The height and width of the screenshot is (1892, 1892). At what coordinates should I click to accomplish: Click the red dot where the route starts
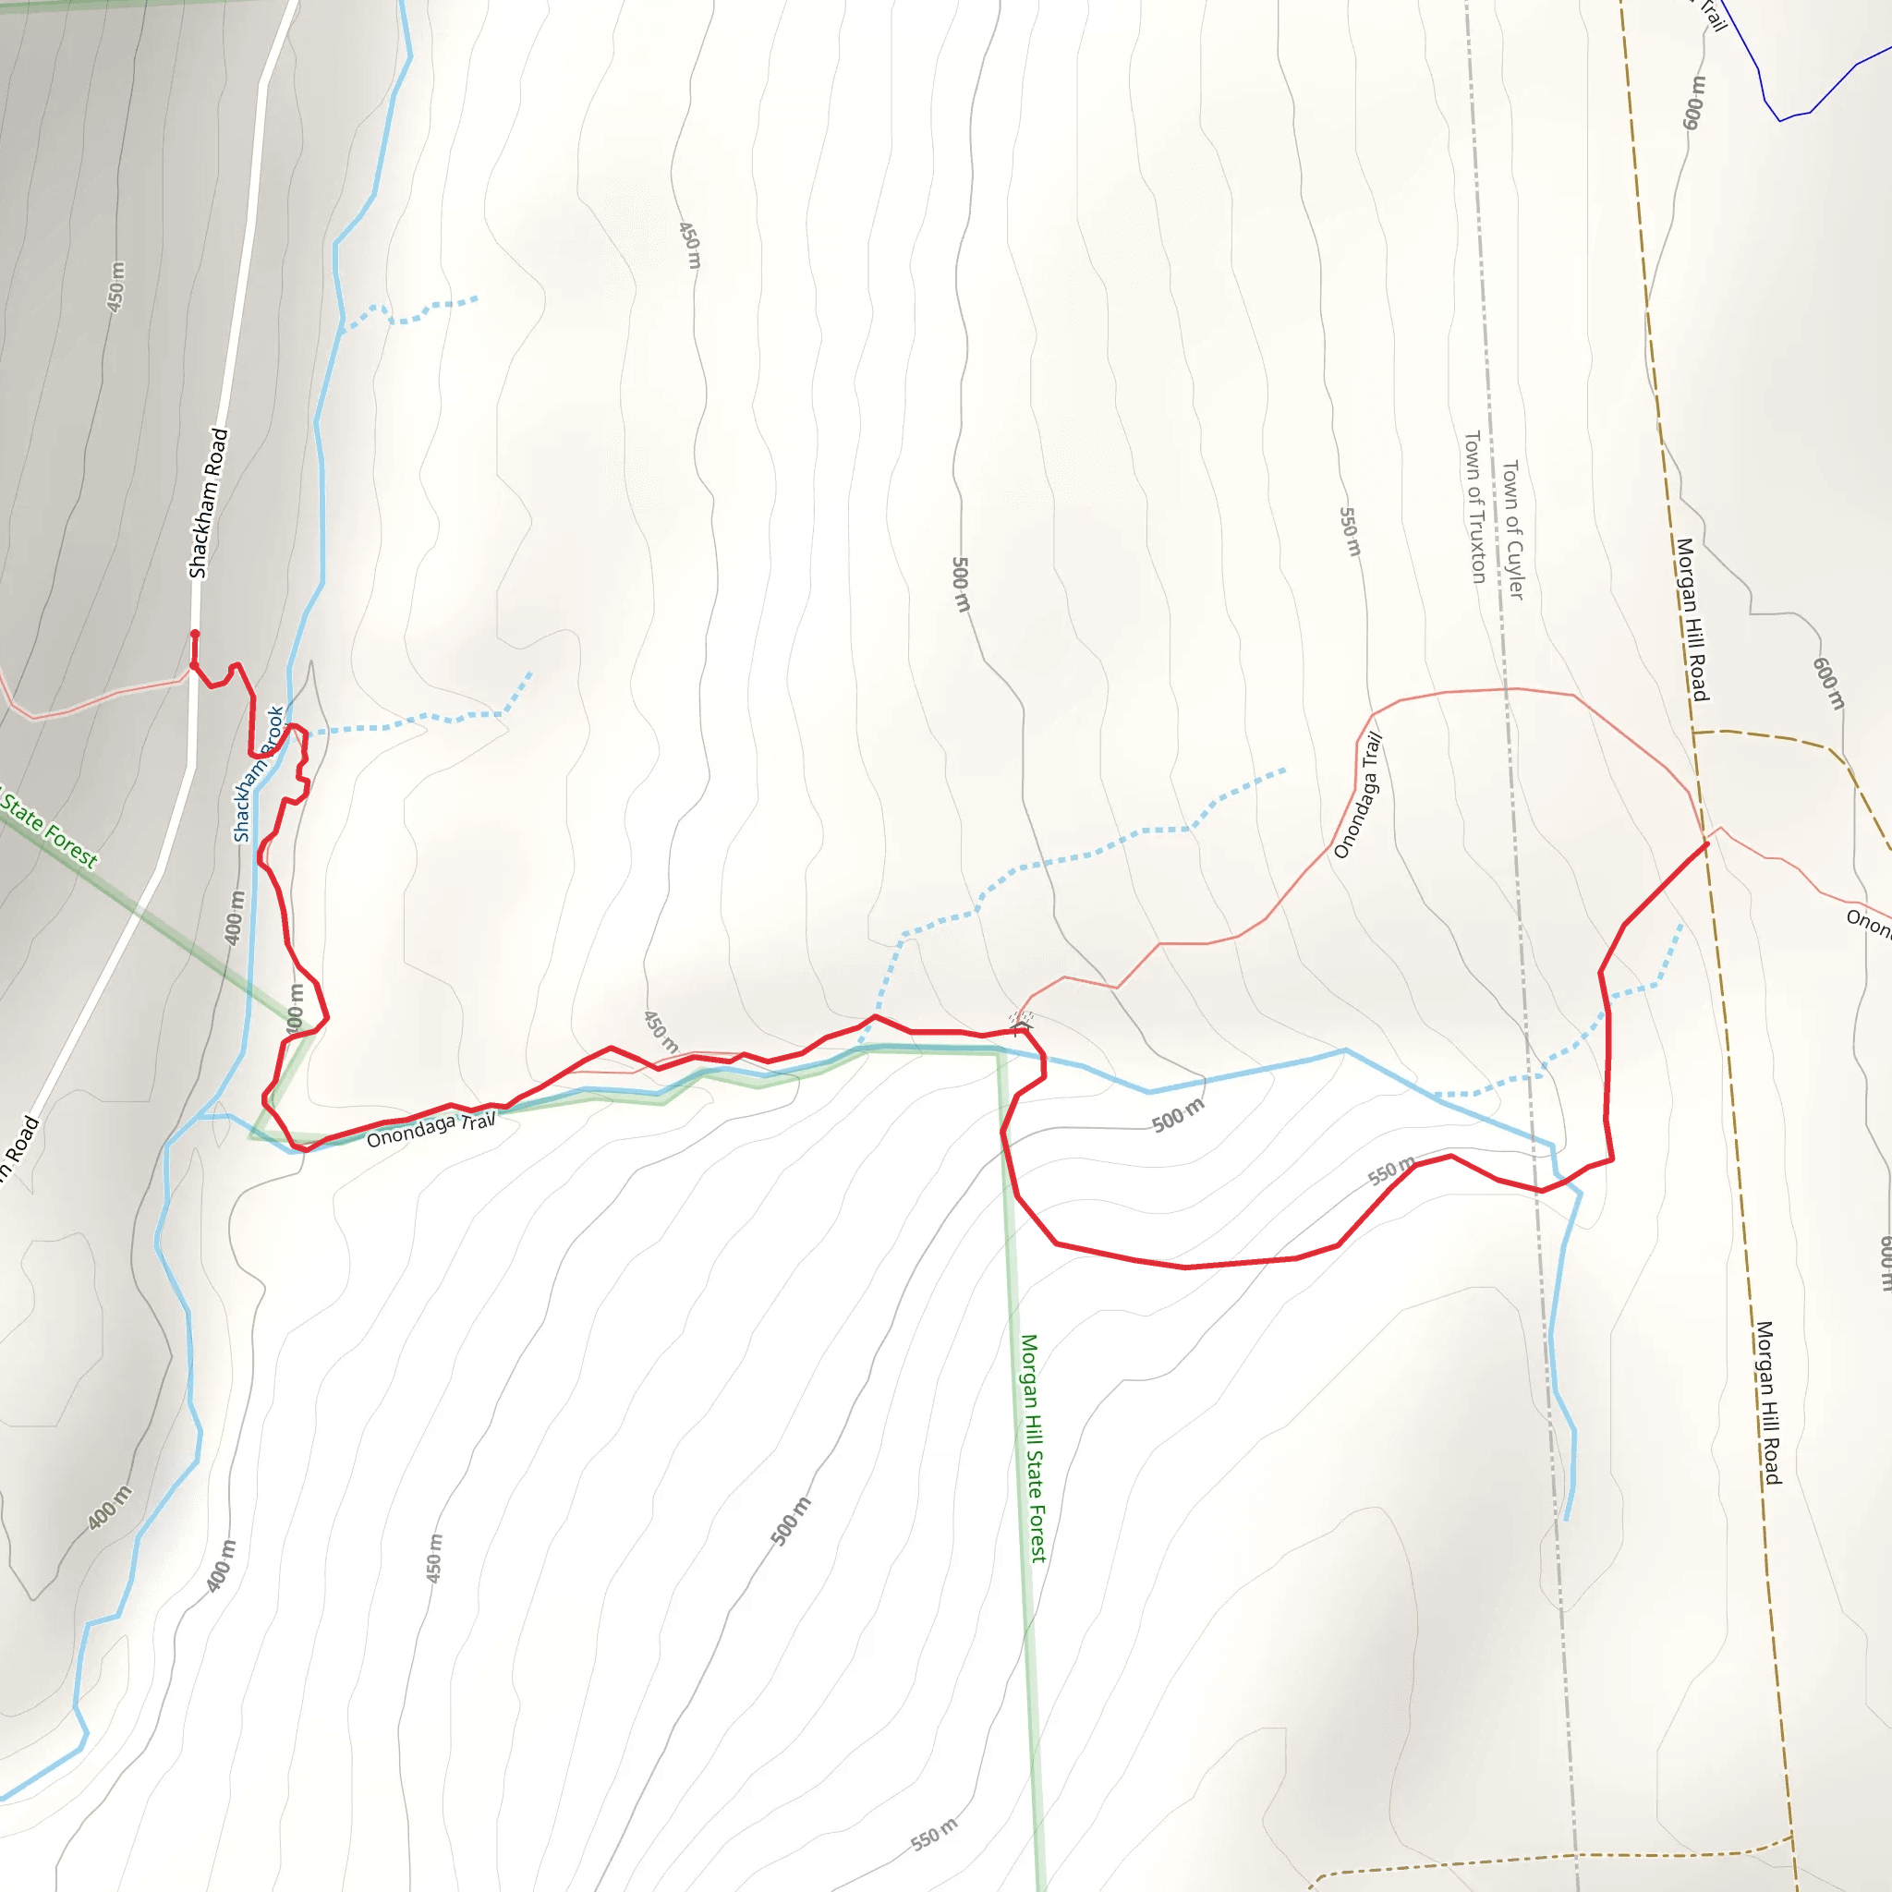195,634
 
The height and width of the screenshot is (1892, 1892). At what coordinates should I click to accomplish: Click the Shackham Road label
208,503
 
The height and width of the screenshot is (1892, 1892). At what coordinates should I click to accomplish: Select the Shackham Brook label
258,773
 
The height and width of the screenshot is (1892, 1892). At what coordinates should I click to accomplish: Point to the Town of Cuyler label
1513,529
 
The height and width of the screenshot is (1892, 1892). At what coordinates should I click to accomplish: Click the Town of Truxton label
1474,506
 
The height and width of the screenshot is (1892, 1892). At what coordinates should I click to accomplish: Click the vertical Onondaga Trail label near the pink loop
1358,794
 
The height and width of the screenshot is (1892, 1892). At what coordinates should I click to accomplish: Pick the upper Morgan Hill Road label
1692,619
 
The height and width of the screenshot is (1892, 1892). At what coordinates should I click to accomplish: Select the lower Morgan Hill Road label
1766,1402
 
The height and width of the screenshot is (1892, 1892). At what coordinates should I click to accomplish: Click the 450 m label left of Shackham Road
115,287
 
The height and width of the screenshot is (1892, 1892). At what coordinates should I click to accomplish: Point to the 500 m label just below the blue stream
1178,1115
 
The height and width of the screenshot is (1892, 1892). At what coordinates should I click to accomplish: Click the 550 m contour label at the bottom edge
933,1834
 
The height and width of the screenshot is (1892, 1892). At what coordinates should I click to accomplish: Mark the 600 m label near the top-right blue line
1693,102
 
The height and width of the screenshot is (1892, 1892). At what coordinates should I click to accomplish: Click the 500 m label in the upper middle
961,585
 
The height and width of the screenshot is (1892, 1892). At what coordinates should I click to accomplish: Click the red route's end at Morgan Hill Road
1707,843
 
